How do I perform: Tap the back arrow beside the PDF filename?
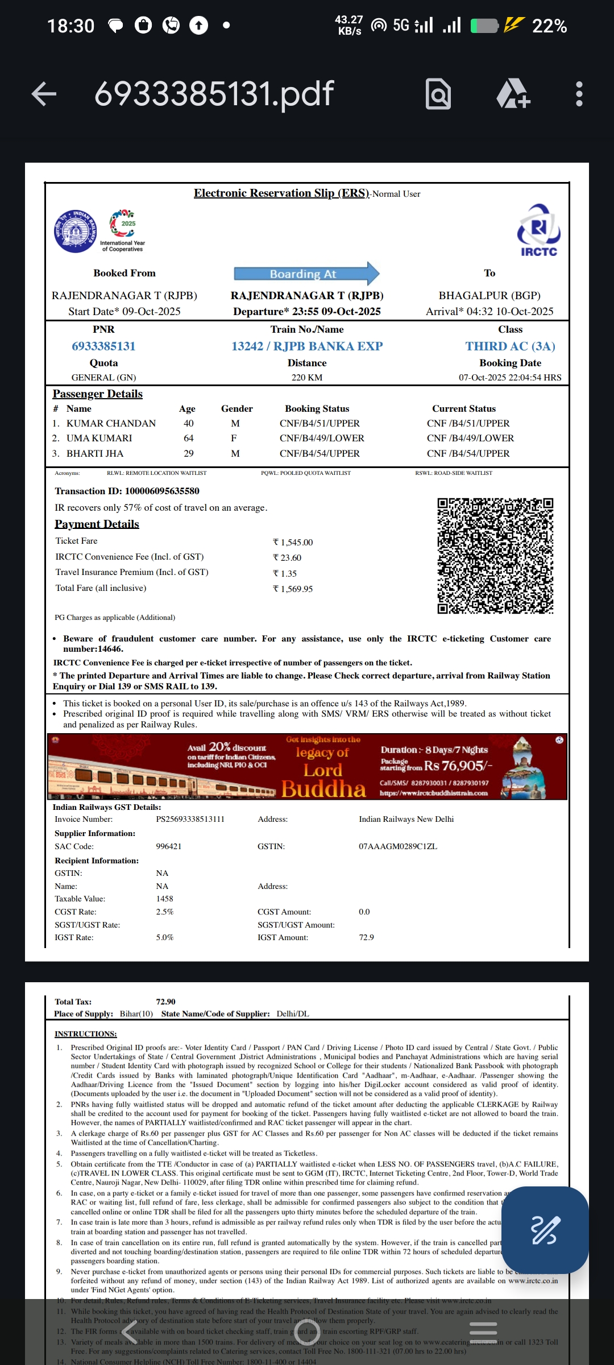(44, 94)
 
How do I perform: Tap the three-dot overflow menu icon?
(579, 94)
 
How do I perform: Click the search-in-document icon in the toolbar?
(438, 94)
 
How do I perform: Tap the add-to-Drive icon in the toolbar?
(513, 94)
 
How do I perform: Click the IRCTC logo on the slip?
(538, 230)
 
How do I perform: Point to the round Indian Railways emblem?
(75, 231)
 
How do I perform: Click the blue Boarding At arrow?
(306, 274)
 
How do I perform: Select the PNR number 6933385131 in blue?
(103, 346)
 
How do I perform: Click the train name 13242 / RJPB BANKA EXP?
(307, 346)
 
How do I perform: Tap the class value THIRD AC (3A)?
(510, 346)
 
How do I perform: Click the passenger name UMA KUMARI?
(99, 439)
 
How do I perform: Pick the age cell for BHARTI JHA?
(188, 454)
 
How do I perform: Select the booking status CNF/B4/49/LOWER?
(322, 439)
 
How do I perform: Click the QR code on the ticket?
(495, 556)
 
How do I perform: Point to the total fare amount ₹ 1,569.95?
(293, 589)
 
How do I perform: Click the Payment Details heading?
(97, 524)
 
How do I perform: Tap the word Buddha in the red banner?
(323, 789)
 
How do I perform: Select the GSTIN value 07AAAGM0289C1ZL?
(398, 846)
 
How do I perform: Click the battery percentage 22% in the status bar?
(549, 26)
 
